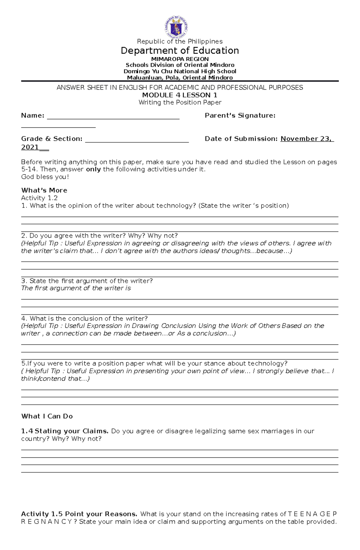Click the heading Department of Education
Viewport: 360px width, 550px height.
point(180,50)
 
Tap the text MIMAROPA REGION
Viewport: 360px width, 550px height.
point(180,59)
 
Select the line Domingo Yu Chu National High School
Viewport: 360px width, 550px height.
point(180,71)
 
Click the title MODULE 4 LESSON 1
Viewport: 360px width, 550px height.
point(179,95)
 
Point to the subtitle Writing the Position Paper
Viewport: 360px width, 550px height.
point(180,103)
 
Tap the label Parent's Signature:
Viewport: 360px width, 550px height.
point(240,115)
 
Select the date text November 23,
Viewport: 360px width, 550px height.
point(306,139)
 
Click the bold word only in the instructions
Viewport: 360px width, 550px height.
point(93,169)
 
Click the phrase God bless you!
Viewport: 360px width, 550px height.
point(45,177)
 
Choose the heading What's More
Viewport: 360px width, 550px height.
point(44,190)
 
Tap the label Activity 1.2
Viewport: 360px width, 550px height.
point(39,198)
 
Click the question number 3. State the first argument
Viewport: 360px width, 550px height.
point(87,281)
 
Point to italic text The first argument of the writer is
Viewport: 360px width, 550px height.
point(76,288)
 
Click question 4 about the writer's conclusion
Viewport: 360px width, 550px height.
point(84,318)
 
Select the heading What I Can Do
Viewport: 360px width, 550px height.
point(47,416)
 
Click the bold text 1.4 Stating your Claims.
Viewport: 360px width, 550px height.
point(65,431)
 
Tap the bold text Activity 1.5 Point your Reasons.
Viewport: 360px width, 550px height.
point(79,514)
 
